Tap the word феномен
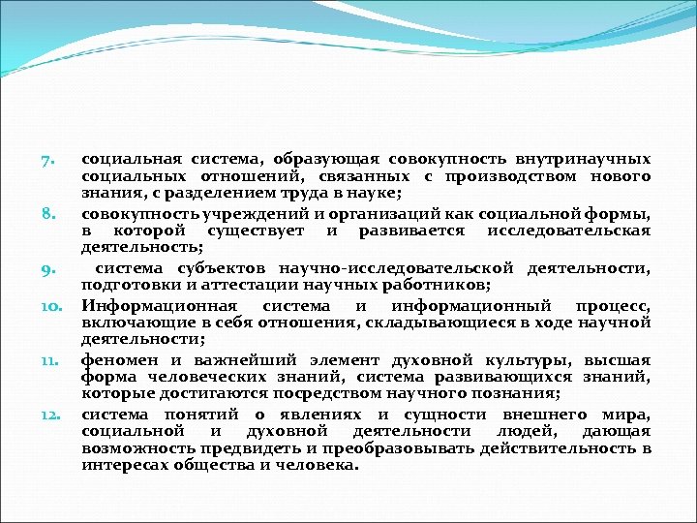115,358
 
